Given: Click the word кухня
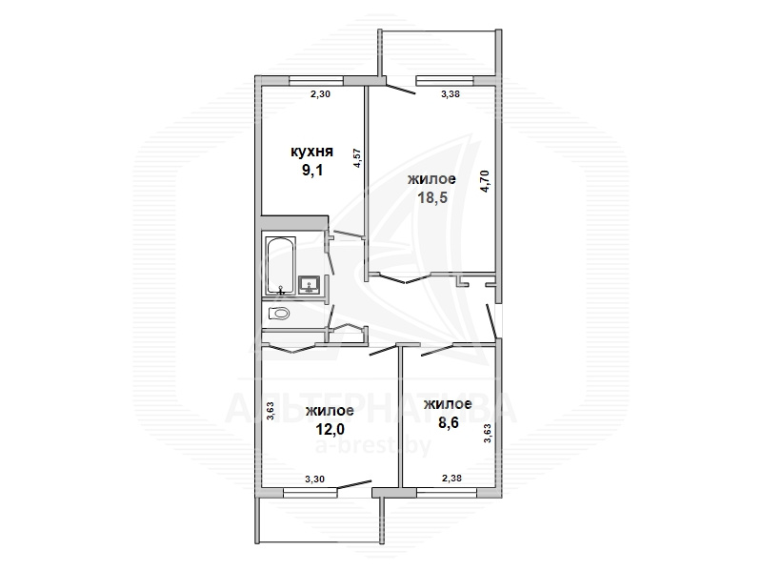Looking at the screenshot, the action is coord(311,152).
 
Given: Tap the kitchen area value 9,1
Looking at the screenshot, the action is coord(312,171).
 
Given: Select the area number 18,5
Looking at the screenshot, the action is coord(432,198).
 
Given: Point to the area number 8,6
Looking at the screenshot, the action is coord(448,422).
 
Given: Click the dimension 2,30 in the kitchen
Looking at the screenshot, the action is coord(320,94).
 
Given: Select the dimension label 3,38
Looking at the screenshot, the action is coord(450,94).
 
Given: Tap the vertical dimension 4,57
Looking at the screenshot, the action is coord(357,158).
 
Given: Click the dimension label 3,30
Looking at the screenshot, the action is coord(314,479).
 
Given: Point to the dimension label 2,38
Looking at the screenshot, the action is coord(451,479).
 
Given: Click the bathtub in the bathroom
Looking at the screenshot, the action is coord(279,267).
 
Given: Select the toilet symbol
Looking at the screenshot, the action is coord(279,314).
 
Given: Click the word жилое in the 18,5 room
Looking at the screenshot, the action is coord(431,179).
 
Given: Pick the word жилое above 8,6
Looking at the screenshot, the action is coord(448,404).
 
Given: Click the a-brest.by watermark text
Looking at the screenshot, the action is coord(372,445).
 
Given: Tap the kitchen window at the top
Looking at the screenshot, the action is coord(316,81).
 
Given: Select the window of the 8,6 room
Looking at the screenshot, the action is coord(447,493).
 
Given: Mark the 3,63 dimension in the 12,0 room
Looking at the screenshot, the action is coord(271,410).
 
